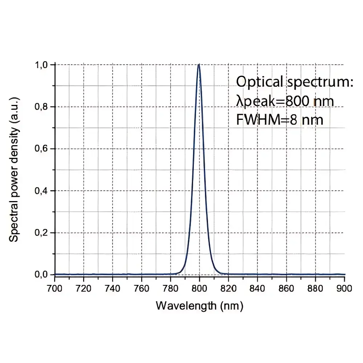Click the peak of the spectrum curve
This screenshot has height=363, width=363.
pyautogui.click(x=199, y=65)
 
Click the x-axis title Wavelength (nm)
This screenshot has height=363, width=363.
pyautogui.click(x=199, y=306)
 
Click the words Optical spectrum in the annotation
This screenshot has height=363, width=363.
pyautogui.click(x=294, y=82)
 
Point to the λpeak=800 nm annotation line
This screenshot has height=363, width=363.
pyautogui.click(x=285, y=101)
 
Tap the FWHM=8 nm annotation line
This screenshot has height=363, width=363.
pyautogui.click(x=280, y=119)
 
